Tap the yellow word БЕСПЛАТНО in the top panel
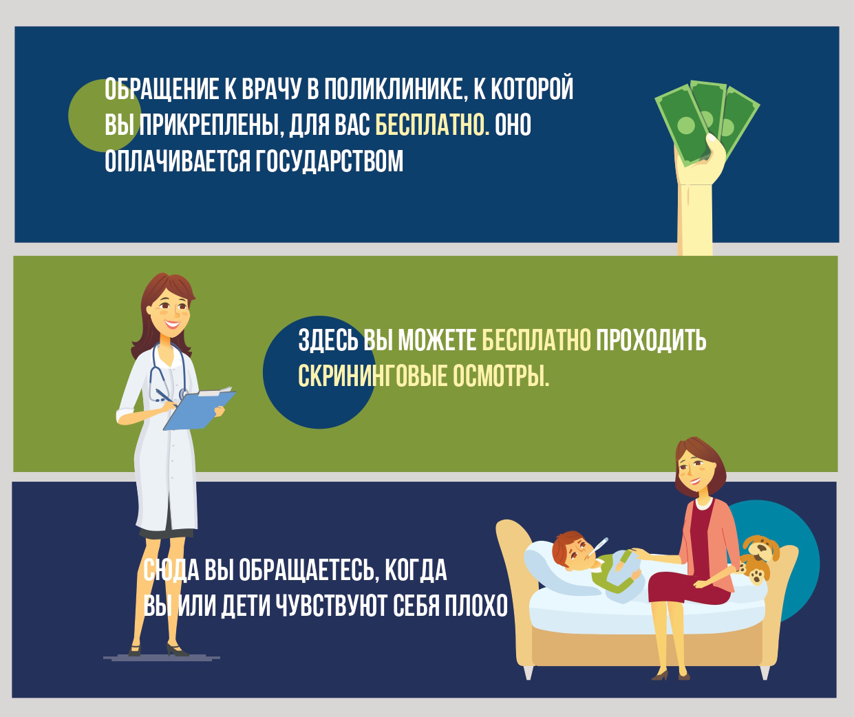pyautogui.click(x=432, y=125)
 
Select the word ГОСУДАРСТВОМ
pyautogui.click(x=329, y=161)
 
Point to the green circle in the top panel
pyautogui.click(x=105, y=116)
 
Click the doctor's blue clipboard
pyautogui.click(x=199, y=410)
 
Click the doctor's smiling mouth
pyautogui.click(x=172, y=325)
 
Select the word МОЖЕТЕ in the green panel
pyautogui.click(x=437, y=340)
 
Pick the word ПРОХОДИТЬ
pyautogui.click(x=651, y=340)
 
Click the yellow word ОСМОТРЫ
pyautogui.click(x=501, y=376)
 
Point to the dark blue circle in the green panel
pyautogui.click(x=319, y=372)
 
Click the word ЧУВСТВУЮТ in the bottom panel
pyautogui.click(x=331, y=606)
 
